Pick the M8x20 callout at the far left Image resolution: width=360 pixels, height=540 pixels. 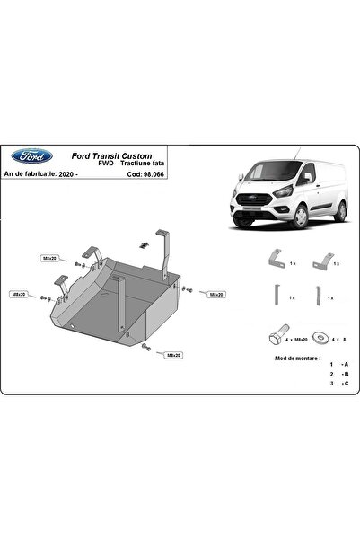pos(18,294)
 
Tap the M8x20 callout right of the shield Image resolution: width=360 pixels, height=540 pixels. pos(215,294)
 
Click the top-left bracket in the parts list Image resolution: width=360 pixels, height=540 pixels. pos(275,260)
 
